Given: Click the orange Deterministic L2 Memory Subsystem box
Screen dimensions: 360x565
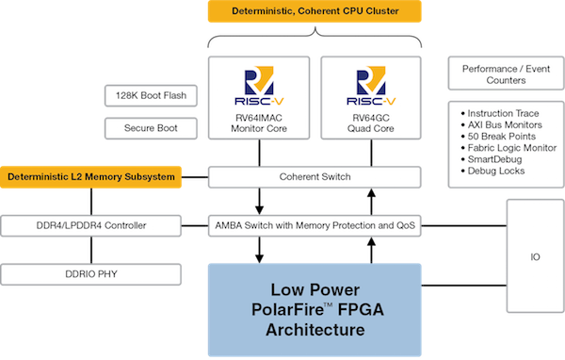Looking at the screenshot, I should (x=91, y=176).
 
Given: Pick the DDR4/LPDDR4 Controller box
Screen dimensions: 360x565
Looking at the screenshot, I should (x=91, y=226).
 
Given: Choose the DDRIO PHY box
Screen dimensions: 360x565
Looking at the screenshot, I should (x=91, y=275).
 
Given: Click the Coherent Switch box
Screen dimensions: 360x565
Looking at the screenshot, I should (x=315, y=176).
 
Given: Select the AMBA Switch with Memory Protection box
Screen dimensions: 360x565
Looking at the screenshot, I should (x=315, y=226).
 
